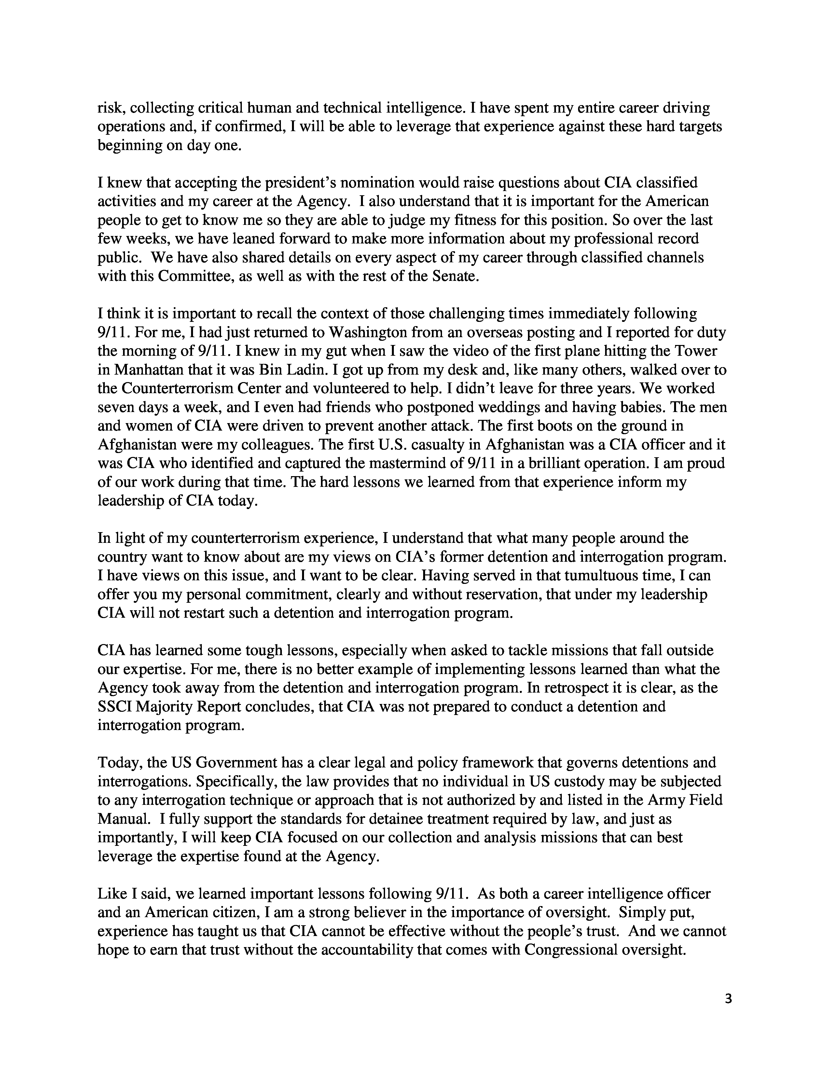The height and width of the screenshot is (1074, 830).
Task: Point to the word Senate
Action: [455, 276]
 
